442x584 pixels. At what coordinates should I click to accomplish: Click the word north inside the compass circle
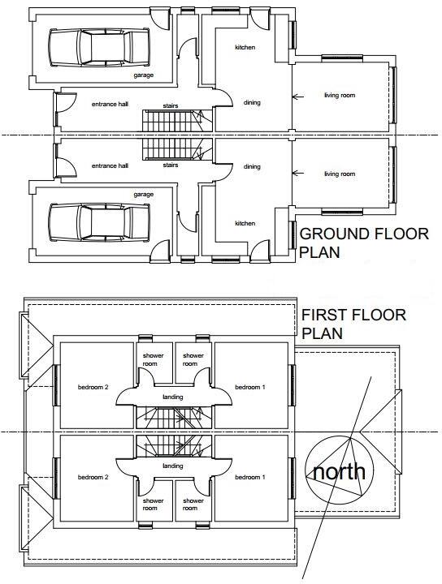point(340,472)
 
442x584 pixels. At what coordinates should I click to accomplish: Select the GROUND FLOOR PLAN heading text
point(364,243)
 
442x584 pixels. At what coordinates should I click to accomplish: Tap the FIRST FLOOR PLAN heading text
point(353,324)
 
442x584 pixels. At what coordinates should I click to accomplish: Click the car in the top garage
point(98,49)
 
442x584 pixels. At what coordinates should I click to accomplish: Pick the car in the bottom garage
point(98,220)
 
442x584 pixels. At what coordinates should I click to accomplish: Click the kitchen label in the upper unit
point(245,48)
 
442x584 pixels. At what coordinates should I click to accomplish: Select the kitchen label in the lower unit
point(245,223)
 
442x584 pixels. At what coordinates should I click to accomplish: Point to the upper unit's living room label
point(340,96)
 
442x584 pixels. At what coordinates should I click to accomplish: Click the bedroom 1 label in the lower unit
point(249,478)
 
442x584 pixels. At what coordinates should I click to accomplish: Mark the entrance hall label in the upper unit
point(110,105)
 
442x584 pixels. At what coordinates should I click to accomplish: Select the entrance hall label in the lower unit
point(110,165)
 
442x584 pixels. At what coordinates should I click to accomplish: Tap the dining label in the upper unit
point(252,102)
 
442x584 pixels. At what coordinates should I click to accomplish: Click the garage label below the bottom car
point(144,195)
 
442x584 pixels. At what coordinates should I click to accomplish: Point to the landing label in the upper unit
point(171,397)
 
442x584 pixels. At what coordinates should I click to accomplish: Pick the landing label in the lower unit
point(171,466)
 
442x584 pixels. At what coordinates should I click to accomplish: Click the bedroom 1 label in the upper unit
point(249,387)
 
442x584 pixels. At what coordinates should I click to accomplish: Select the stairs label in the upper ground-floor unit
point(171,105)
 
